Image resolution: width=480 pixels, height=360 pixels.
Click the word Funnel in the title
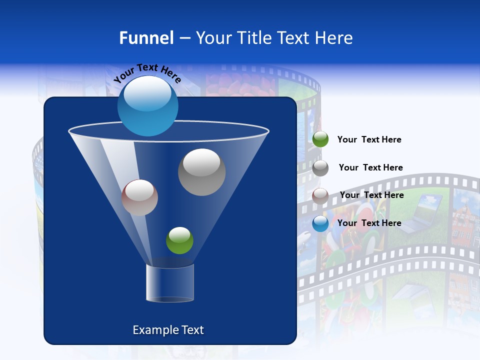pos(146,37)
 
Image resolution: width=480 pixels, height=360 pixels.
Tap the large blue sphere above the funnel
pos(147,106)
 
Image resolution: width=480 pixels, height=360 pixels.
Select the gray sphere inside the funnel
pos(201,172)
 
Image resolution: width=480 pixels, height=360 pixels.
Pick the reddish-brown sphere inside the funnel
pos(139,197)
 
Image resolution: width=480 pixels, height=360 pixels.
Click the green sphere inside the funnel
pos(179,240)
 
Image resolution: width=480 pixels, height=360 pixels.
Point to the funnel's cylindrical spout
pos(170,282)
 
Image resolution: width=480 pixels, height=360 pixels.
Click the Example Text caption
pos(168,330)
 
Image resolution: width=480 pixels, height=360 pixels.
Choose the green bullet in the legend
pos(320,139)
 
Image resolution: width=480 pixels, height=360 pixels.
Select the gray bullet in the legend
pos(320,168)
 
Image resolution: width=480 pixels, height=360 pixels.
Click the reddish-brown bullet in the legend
pos(320,195)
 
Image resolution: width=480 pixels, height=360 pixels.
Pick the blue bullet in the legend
pos(320,223)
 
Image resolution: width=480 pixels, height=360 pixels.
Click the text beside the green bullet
pos(369,139)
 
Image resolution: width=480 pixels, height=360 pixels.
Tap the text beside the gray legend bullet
pos(370,167)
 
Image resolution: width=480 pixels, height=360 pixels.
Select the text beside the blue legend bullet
pos(369,223)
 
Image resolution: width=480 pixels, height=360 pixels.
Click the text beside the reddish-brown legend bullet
pos(371,195)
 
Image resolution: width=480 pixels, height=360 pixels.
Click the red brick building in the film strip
pos(465,220)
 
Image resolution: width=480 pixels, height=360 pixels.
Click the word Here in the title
pos(334,37)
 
